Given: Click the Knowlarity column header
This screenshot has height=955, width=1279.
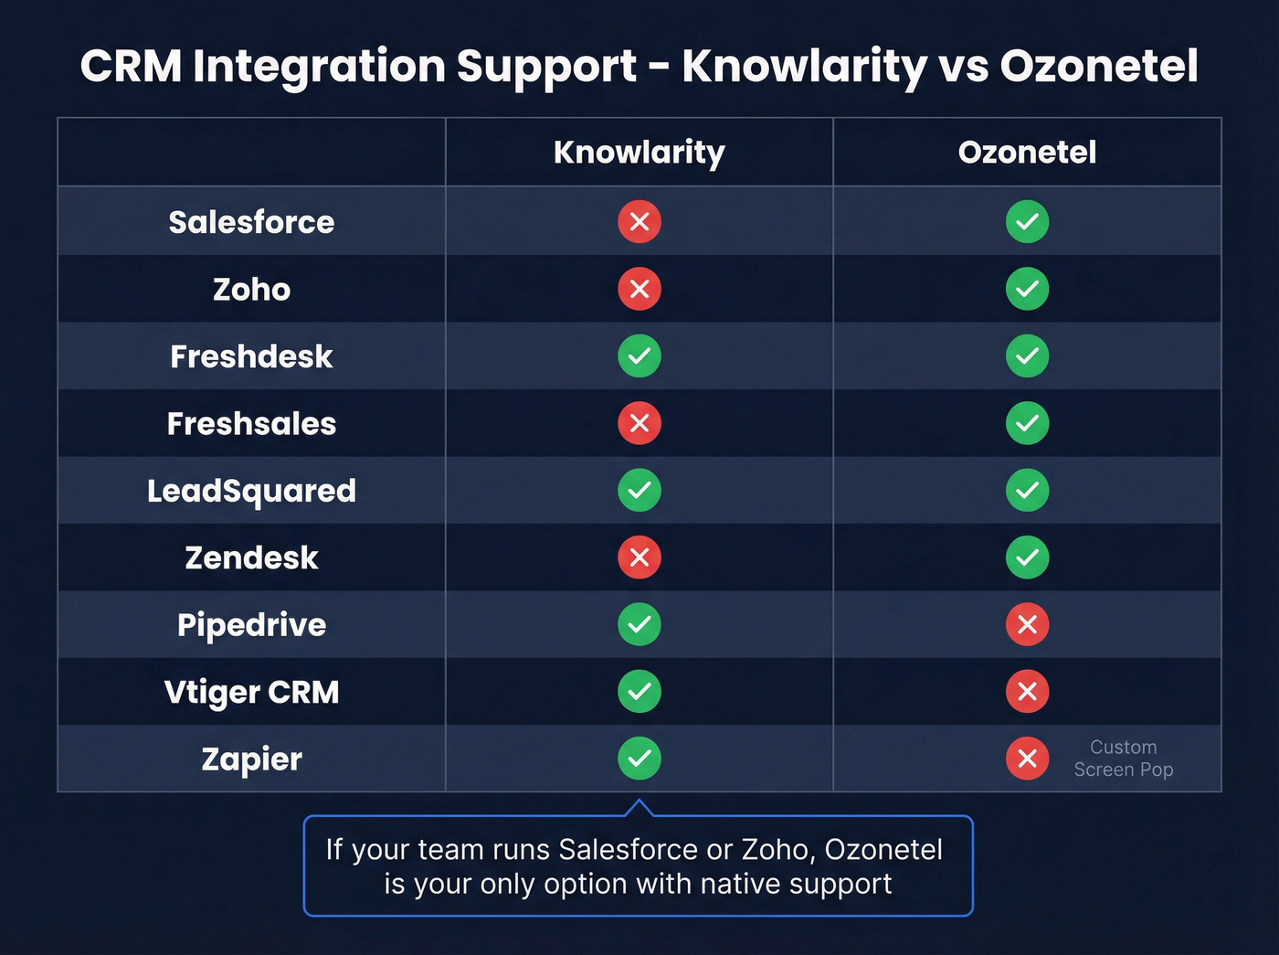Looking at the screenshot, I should pos(639,153).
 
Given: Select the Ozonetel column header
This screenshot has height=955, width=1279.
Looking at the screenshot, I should pos(1027,153).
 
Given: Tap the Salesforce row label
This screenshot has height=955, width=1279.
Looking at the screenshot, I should pos(251,222).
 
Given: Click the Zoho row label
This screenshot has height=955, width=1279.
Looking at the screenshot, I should pos(251,290).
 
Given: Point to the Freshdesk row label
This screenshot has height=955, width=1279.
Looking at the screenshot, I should pos(251,356).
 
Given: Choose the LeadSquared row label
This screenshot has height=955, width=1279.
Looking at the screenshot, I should pos(251,491).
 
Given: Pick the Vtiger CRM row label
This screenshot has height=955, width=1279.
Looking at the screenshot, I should pos(251,692).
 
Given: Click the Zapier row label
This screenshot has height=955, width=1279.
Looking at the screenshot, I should pos(251,759).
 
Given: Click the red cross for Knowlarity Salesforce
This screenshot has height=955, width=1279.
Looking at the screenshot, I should pos(639,222).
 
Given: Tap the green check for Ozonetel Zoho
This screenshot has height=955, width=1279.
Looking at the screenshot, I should pos(1027,289).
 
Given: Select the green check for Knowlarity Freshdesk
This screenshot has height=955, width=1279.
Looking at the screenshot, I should pos(639,356).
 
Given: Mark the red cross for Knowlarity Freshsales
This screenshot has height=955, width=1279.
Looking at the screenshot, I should pos(639,423).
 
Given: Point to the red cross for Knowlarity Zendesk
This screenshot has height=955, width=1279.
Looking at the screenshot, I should pos(639,557).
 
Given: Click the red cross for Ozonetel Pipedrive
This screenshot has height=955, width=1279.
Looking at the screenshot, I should pos(1027,624).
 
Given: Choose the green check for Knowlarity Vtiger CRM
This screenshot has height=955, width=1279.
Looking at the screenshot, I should pos(639,692).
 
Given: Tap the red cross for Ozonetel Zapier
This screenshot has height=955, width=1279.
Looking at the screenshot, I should pos(1027,759).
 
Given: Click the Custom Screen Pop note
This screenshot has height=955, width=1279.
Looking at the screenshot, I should pos(1123,759).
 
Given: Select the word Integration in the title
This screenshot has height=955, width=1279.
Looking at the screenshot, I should pos(322,67).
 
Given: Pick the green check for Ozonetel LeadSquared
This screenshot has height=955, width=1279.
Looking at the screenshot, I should pos(1027,491).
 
